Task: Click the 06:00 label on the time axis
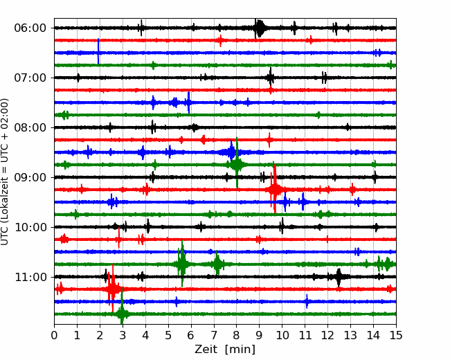(30, 28)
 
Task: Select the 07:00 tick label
(30, 78)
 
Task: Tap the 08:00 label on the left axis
(30, 127)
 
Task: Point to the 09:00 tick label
(30, 177)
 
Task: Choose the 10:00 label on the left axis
(30, 227)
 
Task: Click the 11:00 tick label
(30, 277)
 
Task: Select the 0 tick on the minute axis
(54, 335)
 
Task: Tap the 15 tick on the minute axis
(396, 335)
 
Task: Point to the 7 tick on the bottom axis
(214, 335)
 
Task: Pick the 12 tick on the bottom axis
(327, 335)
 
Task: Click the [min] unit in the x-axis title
(240, 350)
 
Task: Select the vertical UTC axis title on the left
(5, 172)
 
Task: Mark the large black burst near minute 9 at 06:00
(259, 28)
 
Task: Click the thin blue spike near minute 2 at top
(98, 51)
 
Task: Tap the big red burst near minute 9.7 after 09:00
(275, 189)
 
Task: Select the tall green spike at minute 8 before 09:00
(237, 163)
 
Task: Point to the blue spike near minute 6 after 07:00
(188, 102)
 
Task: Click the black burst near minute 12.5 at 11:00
(339, 277)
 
